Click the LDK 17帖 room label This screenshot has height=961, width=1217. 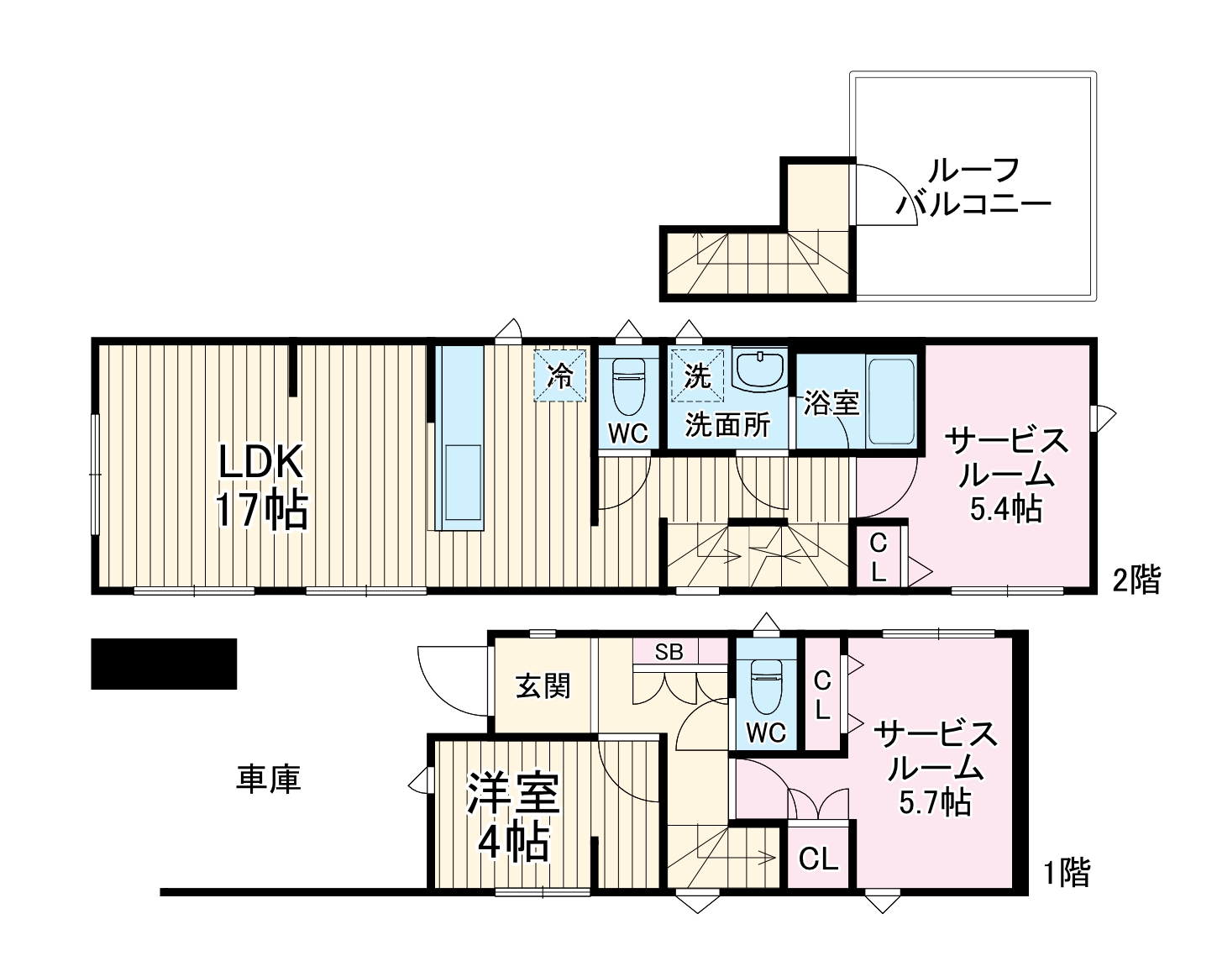click(x=262, y=486)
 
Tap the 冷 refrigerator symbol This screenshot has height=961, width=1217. click(x=560, y=375)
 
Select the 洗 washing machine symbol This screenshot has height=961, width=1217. click(x=697, y=375)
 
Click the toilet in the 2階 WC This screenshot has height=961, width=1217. click(x=628, y=386)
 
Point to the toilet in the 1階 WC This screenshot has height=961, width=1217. click(x=766, y=687)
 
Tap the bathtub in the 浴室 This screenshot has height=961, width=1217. click(x=890, y=401)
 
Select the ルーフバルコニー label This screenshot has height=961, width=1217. click(x=973, y=186)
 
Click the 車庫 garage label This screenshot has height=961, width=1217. click(x=269, y=779)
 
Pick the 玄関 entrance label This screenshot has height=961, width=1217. click(x=543, y=686)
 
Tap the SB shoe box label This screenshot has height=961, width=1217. click(x=669, y=652)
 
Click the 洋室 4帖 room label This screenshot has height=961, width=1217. click(x=513, y=817)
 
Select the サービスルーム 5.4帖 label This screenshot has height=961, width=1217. click(x=1007, y=475)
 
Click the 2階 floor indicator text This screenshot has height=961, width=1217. click(x=1136, y=580)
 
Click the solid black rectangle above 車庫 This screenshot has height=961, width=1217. click(x=164, y=664)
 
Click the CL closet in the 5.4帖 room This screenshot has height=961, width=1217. click(x=878, y=559)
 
